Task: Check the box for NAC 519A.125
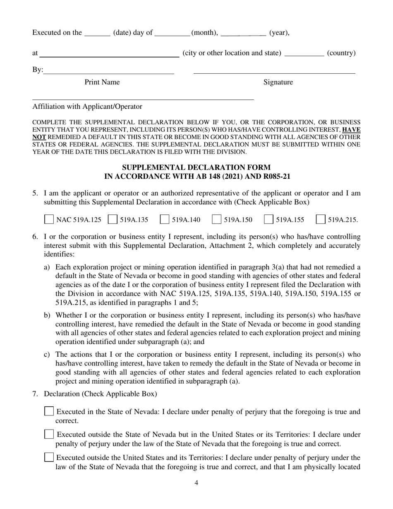click(x=49, y=219)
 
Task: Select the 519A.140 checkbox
click(x=165, y=219)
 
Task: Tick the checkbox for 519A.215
click(x=321, y=219)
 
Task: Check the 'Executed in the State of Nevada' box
click(x=49, y=411)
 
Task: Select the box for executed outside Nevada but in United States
click(x=49, y=434)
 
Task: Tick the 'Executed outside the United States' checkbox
click(x=49, y=457)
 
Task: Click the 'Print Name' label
click(x=102, y=82)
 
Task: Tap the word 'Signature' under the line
click(x=278, y=82)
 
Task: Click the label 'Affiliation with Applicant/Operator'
click(x=87, y=106)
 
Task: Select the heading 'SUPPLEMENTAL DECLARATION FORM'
click(x=196, y=168)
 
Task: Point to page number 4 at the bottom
click(x=196, y=483)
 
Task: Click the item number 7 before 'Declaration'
click(x=35, y=394)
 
